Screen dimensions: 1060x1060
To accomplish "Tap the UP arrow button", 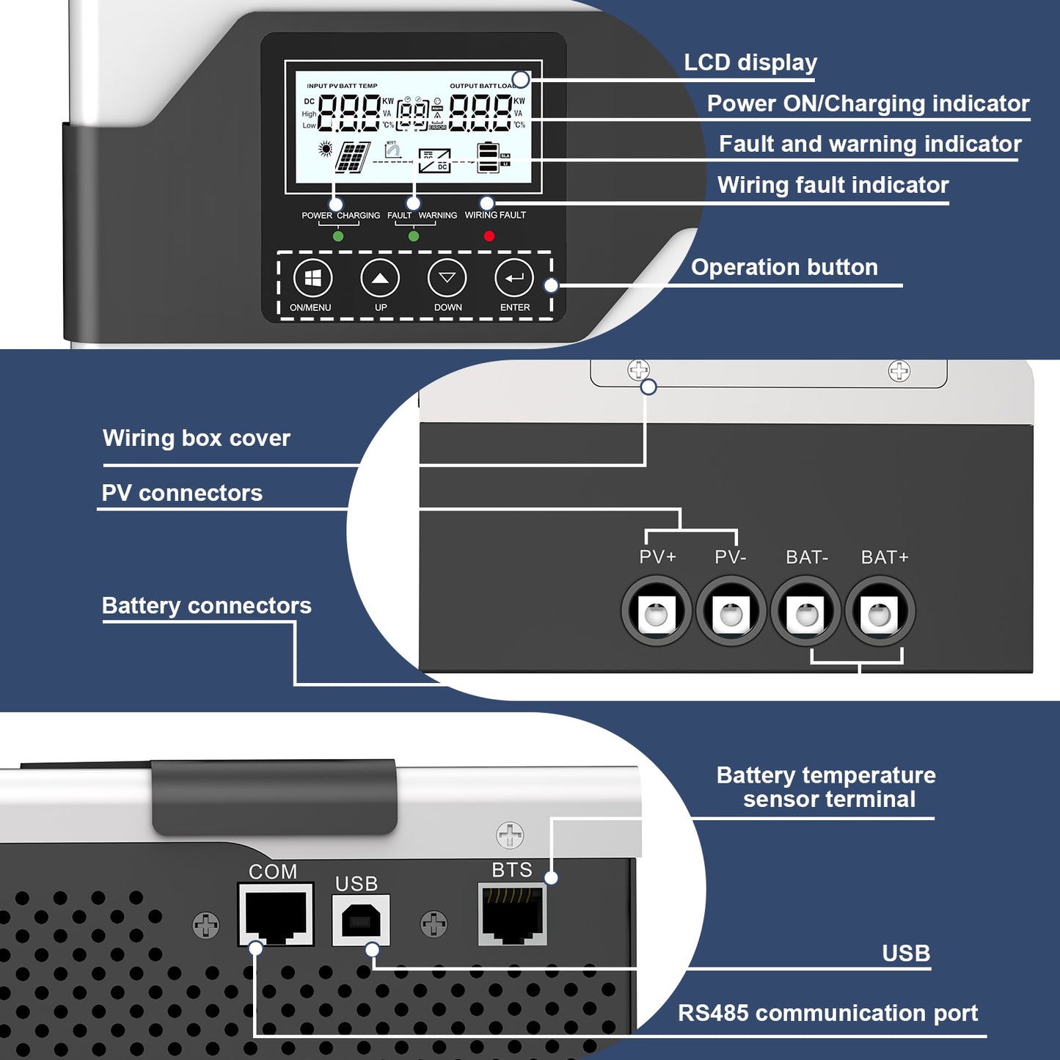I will [x=380, y=279].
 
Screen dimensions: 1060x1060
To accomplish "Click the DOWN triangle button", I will [x=447, y=279].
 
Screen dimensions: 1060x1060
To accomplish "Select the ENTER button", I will [x=514, y=279].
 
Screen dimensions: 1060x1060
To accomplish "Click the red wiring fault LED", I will [x=489, y=236].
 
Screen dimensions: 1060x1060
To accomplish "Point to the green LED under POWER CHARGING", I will [x=338, y=237].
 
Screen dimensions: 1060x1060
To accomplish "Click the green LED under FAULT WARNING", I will [x=414, y=237].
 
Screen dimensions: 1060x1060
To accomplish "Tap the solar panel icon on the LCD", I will [x=353, y=157].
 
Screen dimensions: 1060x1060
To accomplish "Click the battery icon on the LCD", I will [x=488, y=158].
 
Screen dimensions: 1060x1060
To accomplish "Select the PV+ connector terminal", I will [x=657, y=612].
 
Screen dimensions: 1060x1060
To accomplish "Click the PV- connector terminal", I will [x=731, y=612].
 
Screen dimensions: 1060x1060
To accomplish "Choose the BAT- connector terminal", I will [x=806, y=612].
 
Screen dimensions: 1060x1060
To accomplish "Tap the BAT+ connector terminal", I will [x=880, y=612].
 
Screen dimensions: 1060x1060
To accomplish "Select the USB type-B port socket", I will [x=361, y=920].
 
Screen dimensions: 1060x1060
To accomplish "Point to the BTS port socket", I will [x=512, y=914].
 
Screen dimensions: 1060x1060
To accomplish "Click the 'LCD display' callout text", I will [x=750, y=62].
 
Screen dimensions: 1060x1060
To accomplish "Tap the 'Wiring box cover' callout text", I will [x=197, y=438].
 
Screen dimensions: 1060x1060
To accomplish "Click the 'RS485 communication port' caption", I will [x=827, y=1013].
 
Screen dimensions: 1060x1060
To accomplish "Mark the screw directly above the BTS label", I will [x=510, y=835].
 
